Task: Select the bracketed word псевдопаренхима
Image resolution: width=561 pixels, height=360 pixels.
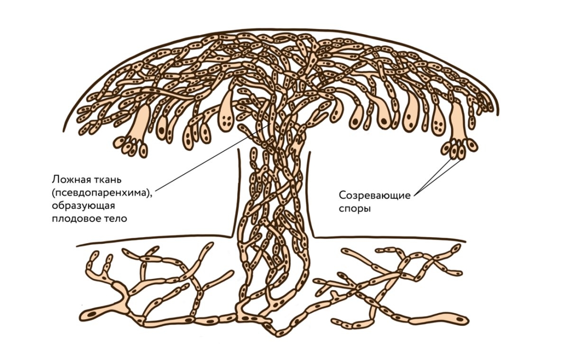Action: (102, 193)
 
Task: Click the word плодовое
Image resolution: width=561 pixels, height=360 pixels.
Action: (72, 218)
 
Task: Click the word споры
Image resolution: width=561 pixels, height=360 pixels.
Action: (355, 209)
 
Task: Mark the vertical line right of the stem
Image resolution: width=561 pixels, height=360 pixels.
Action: (310, 190)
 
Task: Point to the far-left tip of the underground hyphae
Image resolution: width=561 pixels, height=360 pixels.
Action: (88, 314)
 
